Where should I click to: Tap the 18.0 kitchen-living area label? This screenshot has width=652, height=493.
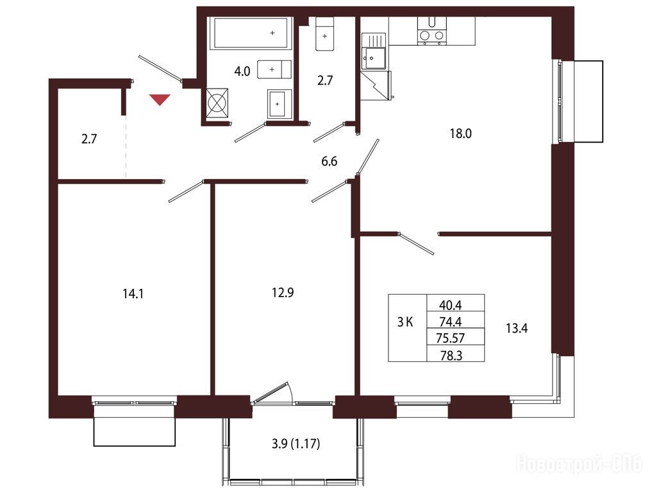pyautogui.click(x=461, y=134)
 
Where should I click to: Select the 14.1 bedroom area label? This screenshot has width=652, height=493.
pyautogui.click(x=133, y=295)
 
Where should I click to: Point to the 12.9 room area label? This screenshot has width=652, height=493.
pyautogui.click(x=283, y=293)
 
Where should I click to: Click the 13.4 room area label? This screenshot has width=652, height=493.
pyautogui.click(x=517, y=329)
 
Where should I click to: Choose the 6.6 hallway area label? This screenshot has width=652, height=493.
pyautogui.click(x=330, y=161)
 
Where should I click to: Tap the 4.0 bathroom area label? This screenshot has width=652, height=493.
pyautogui.click(x=242, y=72)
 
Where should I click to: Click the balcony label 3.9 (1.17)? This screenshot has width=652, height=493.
pyautogui.click(x=296, y=444)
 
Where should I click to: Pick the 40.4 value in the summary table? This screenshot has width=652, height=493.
pyautogui.click(x=451, y=305)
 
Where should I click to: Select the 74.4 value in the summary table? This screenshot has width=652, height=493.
pyautogui.click(x=451, y=322)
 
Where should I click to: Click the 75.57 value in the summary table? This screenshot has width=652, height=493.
pyautogui.click(x=450, y=338)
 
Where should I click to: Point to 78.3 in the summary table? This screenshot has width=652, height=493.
pyautogui.click(x=451, y=356)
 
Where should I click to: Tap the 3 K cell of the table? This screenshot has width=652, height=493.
pyautogui.click(x=405, y=322)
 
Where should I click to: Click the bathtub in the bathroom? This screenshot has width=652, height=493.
pyautogui.click(x=251, y=33)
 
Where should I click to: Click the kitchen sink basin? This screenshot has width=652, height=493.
pyautogui.click(x=373, y=58)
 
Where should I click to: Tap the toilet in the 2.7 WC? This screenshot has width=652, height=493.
pyautogui.click(x=325, y=34)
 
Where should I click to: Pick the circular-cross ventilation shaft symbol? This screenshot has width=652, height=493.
pyautogui.click(x=217, y=101)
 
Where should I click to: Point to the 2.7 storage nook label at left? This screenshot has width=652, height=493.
pyautogui.click(x=89, y=139)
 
